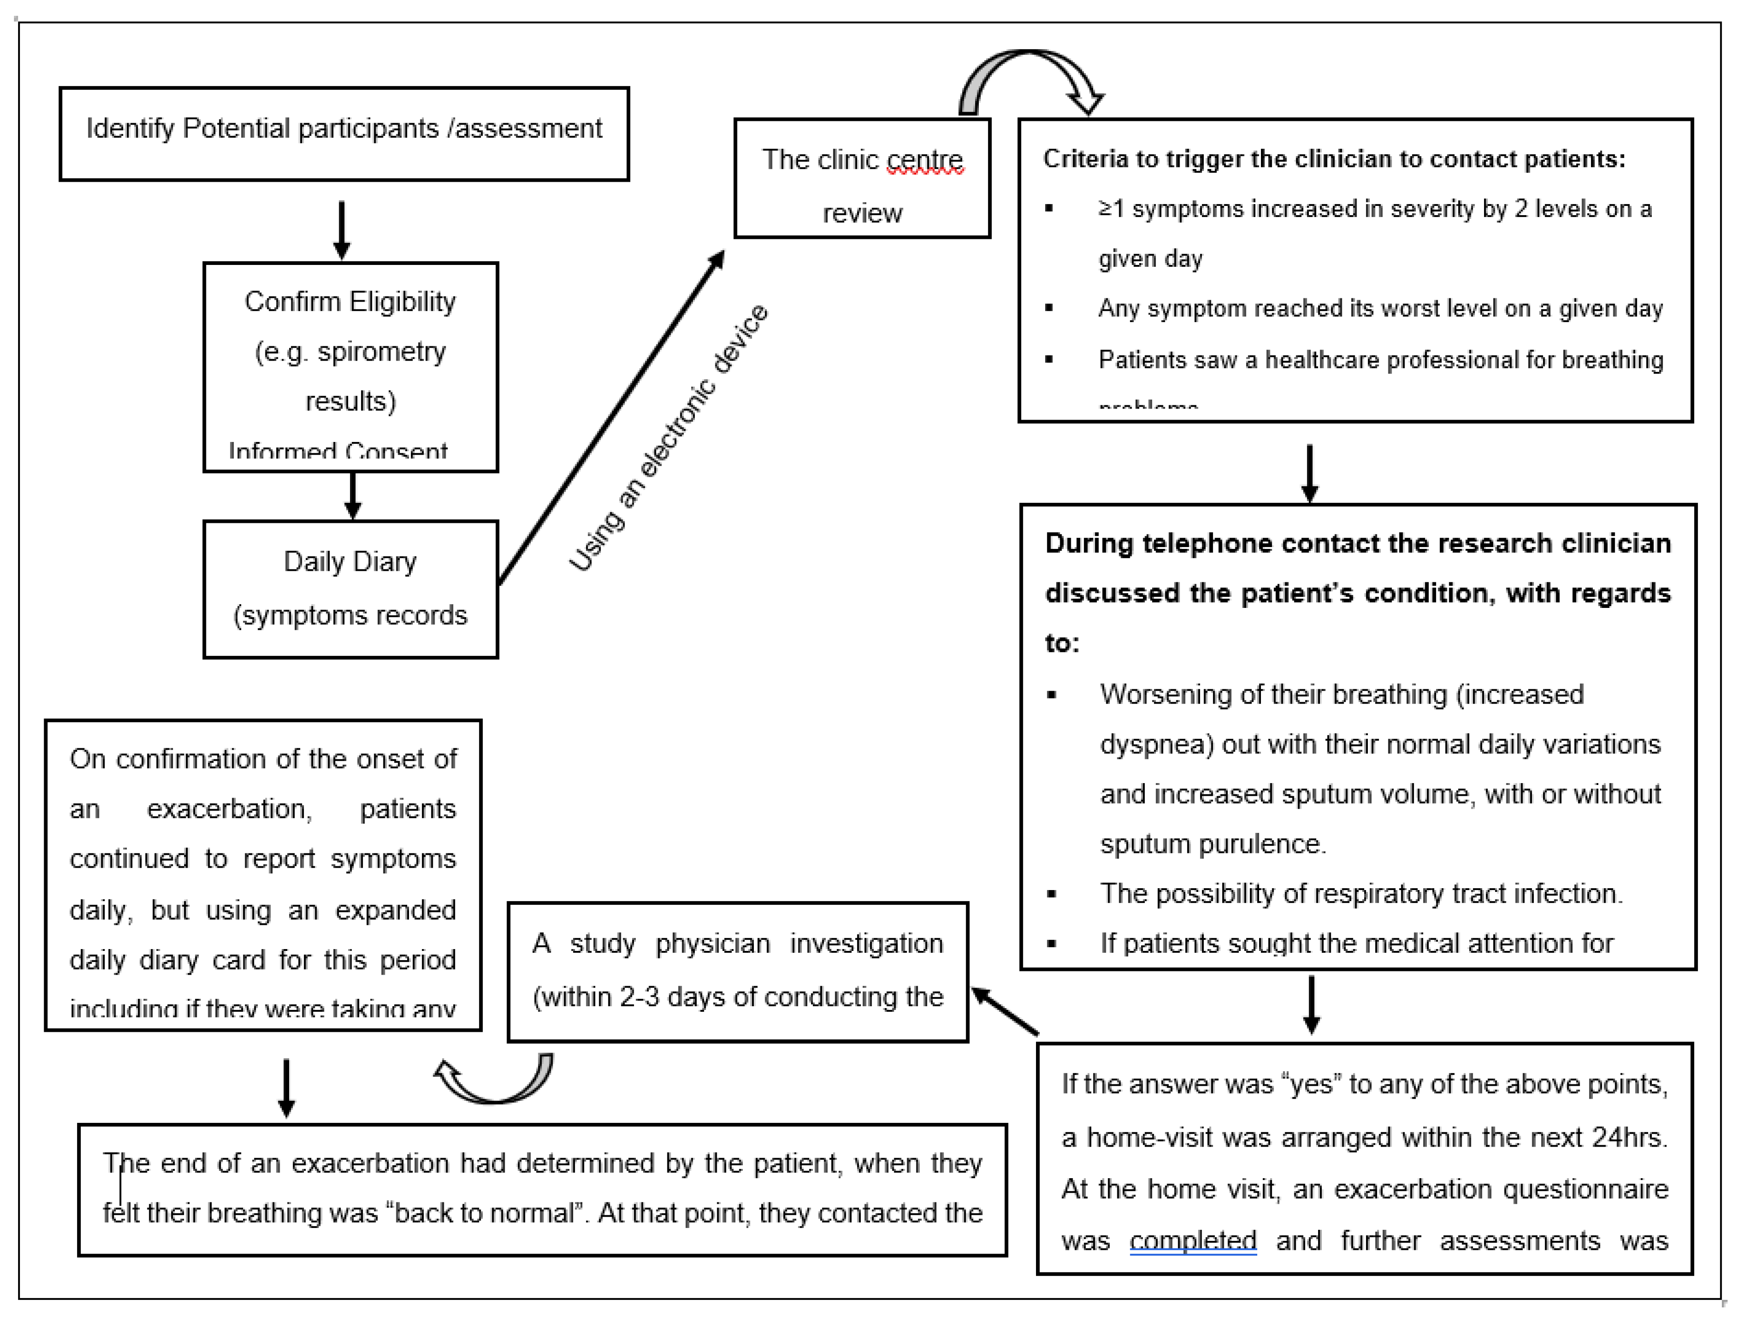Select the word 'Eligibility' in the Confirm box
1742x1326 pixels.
click(x=403, y=302)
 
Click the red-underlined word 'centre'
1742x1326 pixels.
click(x=924, y=160)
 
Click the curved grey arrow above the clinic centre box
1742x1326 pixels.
click(x=1026, y=79)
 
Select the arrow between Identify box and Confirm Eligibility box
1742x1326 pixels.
click(x=342, y=229)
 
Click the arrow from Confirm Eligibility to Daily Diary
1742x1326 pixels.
click(x=353, y=495)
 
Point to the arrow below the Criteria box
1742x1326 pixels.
click(x=1309, y=472)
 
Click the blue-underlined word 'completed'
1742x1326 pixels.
click(x=1193, y=1241)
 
